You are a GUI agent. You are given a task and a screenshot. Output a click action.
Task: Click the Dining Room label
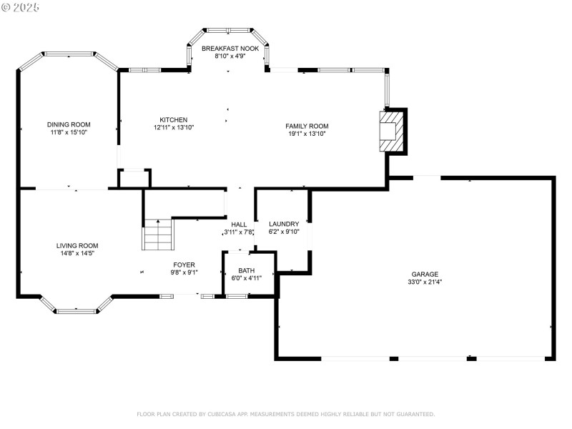tap(69, 124)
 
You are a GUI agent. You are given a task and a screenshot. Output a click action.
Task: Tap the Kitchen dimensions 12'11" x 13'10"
tap(174, 127)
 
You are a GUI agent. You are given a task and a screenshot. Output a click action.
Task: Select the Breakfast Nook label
tap(230, 49)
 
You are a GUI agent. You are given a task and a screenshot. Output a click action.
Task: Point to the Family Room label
tap(307, 127)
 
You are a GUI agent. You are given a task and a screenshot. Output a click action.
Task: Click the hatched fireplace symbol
tap(391, 132)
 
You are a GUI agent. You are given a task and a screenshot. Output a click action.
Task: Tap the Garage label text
tap(425, 275)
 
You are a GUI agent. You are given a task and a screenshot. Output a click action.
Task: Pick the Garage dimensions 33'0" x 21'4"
tap(425, 282)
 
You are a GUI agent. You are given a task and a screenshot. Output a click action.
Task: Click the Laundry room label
tap(284, 224)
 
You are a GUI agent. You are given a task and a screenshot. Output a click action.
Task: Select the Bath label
tap(247, 271)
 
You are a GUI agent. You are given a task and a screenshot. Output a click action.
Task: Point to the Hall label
tap(239, 225)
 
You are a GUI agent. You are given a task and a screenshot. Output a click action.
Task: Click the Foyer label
tap(184, 265)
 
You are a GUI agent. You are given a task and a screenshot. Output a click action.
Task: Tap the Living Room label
tap(77, 246)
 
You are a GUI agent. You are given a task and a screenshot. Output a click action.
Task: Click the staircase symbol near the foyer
tap(157, 235)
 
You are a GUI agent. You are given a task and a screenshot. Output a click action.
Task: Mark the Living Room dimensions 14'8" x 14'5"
tap(77, 254)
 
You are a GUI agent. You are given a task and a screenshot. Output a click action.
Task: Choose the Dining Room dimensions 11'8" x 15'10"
tap(69, 132)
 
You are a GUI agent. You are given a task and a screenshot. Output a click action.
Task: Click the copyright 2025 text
tap(20, 7)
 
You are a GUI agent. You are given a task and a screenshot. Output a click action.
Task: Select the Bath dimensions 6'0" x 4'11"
tap(247, 278)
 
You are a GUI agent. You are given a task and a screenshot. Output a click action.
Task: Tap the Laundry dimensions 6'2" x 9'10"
tap(284, 232)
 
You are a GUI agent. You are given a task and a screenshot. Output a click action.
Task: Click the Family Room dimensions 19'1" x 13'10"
tap(307, 134)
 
